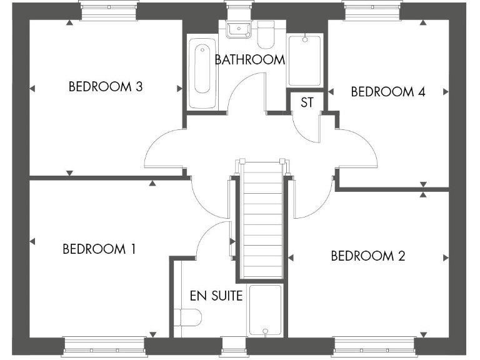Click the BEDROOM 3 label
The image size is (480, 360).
pyautogui.click(x=106, y=87)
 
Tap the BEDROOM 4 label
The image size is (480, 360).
pyautogui.click(x=388, y=92)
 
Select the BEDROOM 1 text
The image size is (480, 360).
pyautogui.click(x=99, y=249)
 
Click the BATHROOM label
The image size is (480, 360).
pyautogui.click(x=249, y=60)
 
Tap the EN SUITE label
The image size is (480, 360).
pyautogui.click(x=216, y=296)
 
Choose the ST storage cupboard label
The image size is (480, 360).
pyautogui.click(x=306, y=102)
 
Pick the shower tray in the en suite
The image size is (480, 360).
pyautogui.click(x=266, y=310)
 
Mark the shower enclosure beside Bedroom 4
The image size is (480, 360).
pyautogui.click(x=304, y=60)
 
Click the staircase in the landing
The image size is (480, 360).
pyautogui.click(x=261, y=219)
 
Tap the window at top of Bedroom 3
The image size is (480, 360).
pyautogui.click(x=107, y=10)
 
